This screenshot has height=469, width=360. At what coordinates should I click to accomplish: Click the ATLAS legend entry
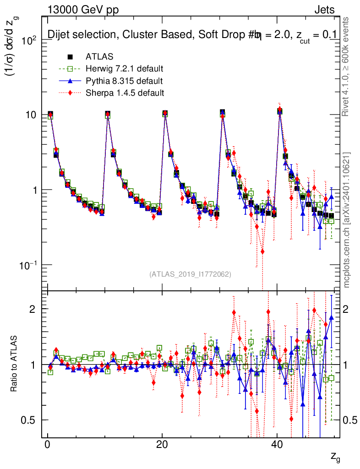[x=98, y=57]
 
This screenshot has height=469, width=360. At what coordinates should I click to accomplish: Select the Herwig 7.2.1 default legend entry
[x=125, y=69]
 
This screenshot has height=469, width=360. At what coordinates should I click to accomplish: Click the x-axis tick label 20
[x=162, y=446]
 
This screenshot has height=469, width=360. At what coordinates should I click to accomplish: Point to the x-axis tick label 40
[x=276, y=446]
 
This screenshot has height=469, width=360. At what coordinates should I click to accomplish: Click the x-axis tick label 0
[x=47, y=446]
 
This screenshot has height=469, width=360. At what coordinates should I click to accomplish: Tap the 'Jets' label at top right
[x=324, y=10]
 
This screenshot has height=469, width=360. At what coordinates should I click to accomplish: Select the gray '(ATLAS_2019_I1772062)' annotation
[x=190, y=274]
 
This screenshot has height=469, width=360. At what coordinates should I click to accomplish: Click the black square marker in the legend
[x=70, y=57]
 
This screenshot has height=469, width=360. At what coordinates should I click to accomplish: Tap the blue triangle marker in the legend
[x=70, y=81]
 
